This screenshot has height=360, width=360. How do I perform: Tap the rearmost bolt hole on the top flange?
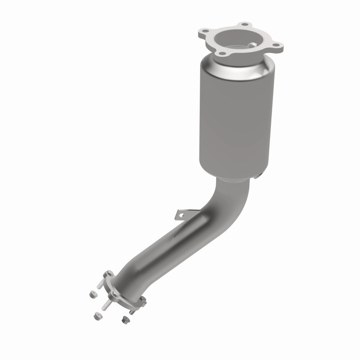243,25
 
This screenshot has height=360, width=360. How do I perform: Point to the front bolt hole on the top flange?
221,54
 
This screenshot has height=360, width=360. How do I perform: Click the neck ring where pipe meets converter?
232,180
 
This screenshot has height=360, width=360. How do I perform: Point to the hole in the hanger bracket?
182,215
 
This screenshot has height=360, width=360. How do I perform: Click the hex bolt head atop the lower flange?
108,274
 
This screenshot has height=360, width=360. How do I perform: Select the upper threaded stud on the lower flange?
103,285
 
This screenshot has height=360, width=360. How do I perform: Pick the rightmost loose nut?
123,320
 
